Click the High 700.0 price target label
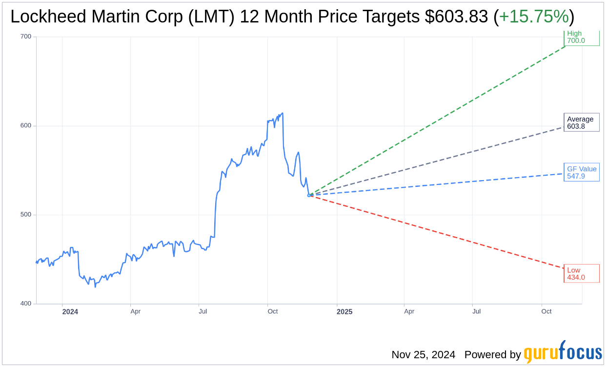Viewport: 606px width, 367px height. [581, 38]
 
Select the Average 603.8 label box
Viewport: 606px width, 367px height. [581, 122]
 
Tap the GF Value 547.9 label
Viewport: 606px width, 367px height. [582, 172]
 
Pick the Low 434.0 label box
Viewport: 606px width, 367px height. [581, 274]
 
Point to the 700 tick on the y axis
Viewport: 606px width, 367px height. [25, 37]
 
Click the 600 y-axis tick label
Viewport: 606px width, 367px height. [25, 125]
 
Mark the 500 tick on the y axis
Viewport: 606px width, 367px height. [25, 215]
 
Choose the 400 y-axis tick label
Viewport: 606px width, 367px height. [25, 304]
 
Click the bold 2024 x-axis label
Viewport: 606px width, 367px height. [70, 311]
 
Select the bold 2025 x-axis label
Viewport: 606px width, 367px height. [344, 311]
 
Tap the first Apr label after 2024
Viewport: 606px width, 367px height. [136, 311]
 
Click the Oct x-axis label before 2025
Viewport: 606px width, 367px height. [272, 311]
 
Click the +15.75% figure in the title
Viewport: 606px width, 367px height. [534, 17]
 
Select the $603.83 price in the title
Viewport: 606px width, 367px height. [456, 17]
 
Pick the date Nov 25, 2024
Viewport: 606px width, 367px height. [423, 355]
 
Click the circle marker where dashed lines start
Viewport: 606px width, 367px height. [309, 195]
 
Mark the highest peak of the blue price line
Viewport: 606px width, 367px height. [283, 113]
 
